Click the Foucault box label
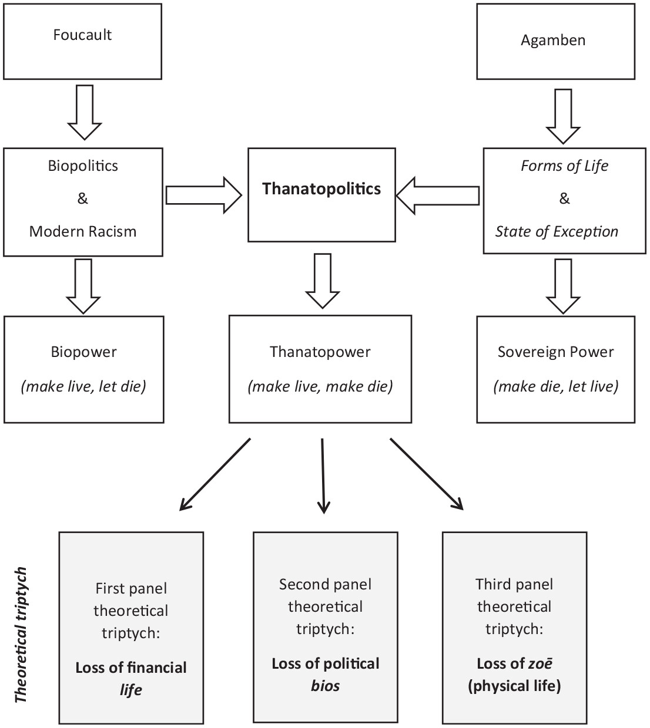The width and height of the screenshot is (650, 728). pos(82,35)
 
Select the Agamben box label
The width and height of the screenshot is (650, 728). pos(553,40)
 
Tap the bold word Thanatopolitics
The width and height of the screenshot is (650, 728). pos(321,188)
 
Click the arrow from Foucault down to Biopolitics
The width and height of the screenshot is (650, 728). pos(85,112)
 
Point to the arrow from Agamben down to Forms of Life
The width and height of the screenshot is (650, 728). pos(563,116)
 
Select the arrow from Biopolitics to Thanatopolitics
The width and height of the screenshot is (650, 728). pos(203,195)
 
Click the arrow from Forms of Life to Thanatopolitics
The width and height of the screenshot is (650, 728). pos(438,196)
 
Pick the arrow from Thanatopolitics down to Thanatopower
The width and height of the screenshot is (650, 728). pos(323,280)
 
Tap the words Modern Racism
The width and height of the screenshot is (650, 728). pos(83,231)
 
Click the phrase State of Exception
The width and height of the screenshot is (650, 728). pos(557,231)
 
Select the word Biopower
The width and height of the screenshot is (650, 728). pos(84,352)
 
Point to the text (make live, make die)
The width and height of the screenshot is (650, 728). pos(320,386)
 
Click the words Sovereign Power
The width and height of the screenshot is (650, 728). pos(555,352)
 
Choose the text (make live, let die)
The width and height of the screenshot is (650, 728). pos(83,386)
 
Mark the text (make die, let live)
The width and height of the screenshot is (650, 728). pos(556,386)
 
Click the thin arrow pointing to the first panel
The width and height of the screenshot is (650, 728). pos(215,474)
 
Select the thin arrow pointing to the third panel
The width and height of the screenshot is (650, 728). pos(427,474)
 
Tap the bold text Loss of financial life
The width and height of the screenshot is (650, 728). pos(131,678)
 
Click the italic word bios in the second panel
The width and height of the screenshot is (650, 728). pos(325,686)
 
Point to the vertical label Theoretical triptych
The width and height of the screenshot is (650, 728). pos(21,634)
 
